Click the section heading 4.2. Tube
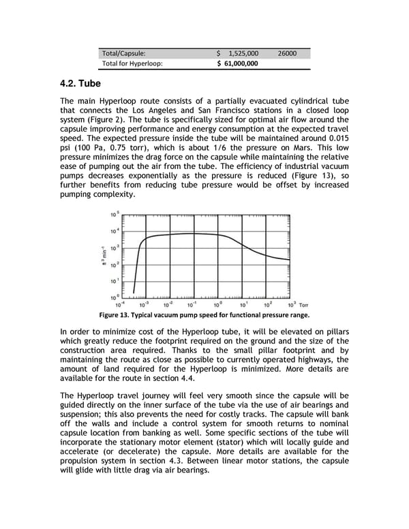[80, 84]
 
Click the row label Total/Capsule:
[123, 52]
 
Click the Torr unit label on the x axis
[304, 305]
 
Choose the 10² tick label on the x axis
[268, 305]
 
